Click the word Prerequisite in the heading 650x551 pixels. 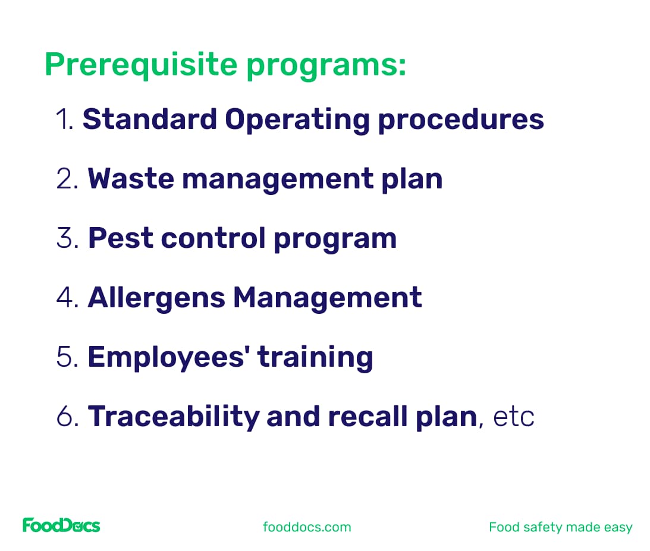point(141,64)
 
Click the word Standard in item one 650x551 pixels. point(149,119)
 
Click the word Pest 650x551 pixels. point(120,238)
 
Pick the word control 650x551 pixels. point(212,238)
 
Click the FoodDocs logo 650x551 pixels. point(61,525)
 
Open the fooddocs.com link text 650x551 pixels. point(307,527)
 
